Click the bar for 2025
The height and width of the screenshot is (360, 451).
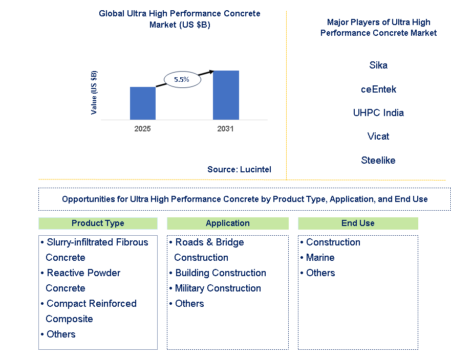point(143,103)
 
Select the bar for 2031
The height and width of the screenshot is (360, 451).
point(226,95)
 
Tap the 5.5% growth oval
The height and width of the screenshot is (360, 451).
point(181,79)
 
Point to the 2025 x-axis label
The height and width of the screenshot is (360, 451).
point(142,129)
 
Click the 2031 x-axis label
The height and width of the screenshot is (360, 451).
point(225,129)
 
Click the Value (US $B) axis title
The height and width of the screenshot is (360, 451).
point(94,93)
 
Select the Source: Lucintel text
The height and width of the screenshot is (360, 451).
point(239,169)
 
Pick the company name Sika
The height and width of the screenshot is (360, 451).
point(378,65)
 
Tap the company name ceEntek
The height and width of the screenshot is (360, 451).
point(378,89)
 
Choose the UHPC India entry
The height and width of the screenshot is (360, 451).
point(378,113)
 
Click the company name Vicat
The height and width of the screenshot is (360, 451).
point(378,137)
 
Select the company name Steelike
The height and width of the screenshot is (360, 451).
point(378,161)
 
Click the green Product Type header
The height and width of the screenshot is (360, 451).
point(98,223)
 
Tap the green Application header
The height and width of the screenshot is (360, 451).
point(228,223)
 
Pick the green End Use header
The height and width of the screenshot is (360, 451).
point(358,223)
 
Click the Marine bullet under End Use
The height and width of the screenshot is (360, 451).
point(320,258)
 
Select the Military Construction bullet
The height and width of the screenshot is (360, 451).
point(218,288)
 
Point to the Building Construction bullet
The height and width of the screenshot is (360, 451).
point(220,273)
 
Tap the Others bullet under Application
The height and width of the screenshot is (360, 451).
point(189,304)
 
